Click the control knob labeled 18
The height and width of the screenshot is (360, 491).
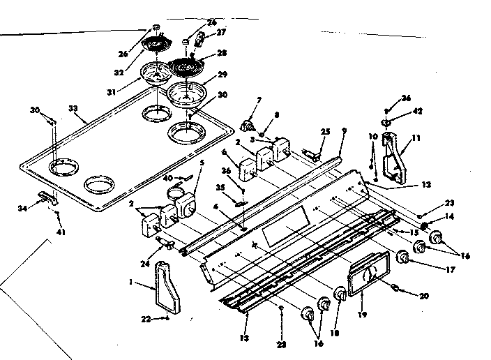340,296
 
